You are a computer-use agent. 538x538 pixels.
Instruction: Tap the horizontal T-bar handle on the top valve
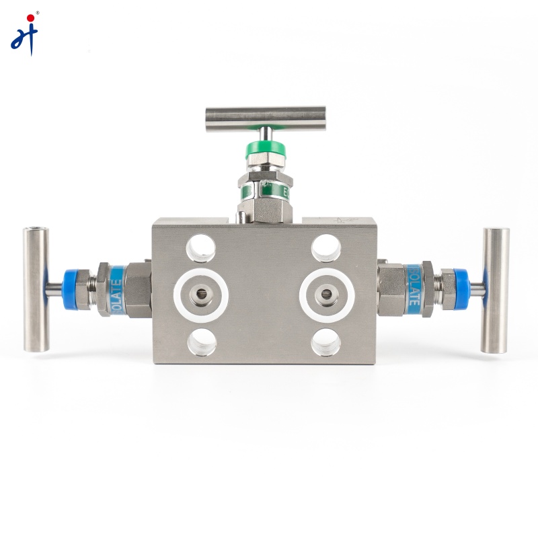[265, 118]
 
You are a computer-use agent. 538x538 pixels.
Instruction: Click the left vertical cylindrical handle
[36, 290]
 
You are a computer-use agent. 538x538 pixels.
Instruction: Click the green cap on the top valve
[264, 151]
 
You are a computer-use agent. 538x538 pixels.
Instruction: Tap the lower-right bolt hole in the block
[326, 341]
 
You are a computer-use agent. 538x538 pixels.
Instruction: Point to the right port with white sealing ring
[327, 295]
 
